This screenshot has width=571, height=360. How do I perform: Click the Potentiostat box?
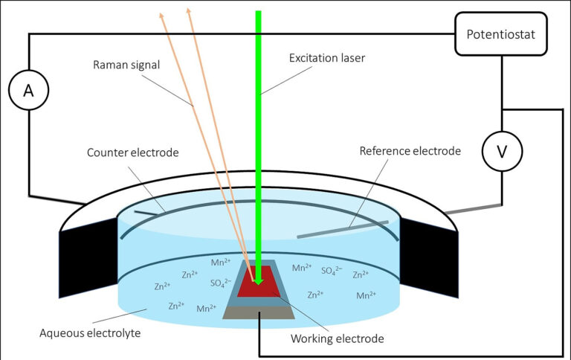pyautogui.click(x=500, y=34)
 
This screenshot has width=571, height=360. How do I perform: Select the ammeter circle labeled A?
pyautogui.click(x=28, y=91)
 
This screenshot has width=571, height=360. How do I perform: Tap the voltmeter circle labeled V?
pyautogui.click(x=502, y=152)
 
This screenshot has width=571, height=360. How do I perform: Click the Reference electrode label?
pyautogui.click(x=410, y=151)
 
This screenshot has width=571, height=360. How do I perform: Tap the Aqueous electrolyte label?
pyautogui.click(x=90, y=332)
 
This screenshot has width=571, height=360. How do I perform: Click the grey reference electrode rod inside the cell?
pyautogui.click(x=342, y=229)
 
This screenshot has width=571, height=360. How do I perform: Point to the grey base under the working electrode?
pyautogui.click(x=259, y=313)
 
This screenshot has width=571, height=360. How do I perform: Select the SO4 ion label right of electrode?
pyautogui.click(x=334, y=271)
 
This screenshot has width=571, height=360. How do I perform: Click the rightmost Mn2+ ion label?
pyautogui.click(x=365, y=295)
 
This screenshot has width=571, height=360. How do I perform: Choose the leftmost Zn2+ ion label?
pyautogui.click(x=163, y=286)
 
